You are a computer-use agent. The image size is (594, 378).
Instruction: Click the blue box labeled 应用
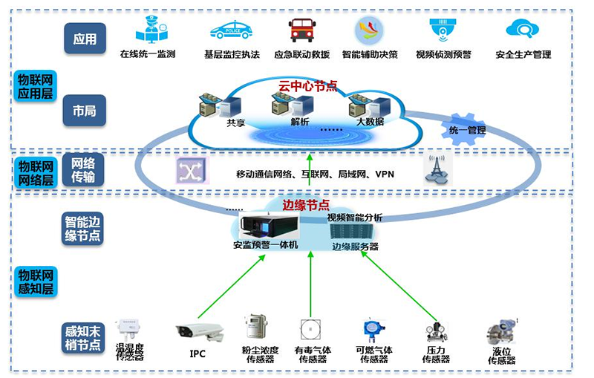(x=85, y=38)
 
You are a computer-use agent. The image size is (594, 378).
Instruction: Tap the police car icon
(x=230, y=30)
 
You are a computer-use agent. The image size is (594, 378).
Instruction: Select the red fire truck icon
(x=300, y=30)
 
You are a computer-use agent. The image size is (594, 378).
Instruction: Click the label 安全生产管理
(x=523, y=54)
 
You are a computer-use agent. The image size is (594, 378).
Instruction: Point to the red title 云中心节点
(x=307, y=85)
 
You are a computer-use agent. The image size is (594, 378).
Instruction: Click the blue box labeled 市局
(x=85, y=111)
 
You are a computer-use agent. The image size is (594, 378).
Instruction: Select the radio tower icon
(x=437, y=169)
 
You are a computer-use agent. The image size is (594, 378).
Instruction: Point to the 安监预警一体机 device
(x=266, y=226)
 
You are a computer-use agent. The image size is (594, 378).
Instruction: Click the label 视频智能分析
(x=355, y=218)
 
